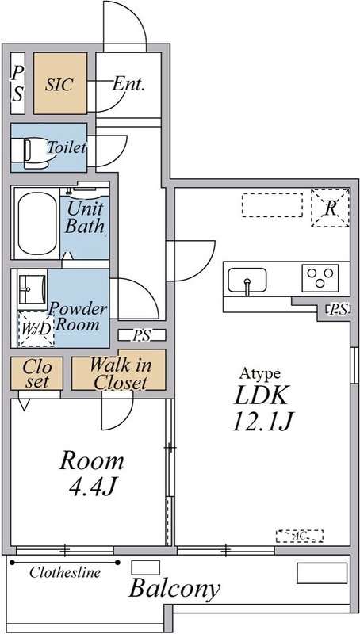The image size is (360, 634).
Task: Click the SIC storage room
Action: pos(60,83)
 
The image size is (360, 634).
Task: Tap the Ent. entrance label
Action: pos(128,84)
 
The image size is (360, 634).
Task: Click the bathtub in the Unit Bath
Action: pos(36,223)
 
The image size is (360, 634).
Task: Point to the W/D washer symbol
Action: pos(36,329)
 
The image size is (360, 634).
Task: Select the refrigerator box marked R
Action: pos(330,208)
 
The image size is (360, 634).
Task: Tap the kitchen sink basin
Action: pos(247,280)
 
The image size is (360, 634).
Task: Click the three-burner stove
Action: pos(320,278)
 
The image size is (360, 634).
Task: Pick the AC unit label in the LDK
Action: pos(300,537)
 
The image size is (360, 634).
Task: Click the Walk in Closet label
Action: pos(121,373)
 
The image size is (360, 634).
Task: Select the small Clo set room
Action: pos(36,373)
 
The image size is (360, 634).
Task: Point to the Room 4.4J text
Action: pos(92,474)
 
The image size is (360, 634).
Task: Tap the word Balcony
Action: pos(174,588)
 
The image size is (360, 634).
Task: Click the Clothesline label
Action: pos(65,572)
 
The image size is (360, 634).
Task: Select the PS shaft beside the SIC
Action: pos(17,83)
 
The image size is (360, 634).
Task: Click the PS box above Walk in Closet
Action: pos(142,334)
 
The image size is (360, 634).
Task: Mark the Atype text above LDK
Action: pos(259,373)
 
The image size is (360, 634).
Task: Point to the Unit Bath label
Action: pos(85,218)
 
